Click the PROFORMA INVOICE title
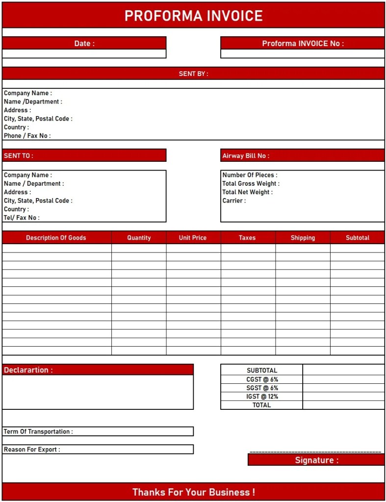[x=193, y=16]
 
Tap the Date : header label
[x=84, y=43]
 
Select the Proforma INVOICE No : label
[x=303, y=43]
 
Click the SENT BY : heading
[x=193, y=74]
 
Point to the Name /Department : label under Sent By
[x=33, y=101]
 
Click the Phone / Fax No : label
[x=27, y=135]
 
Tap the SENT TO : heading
[x=19, y=155]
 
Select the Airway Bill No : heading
[x=246, y=155]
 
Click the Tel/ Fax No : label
[x=22, y=217]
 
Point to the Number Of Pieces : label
[x=250, y=175]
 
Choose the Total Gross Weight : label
[x=251, y=183]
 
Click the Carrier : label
[x=234, y=201]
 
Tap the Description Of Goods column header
[x=56, y=237]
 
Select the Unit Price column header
[x=193, y=237]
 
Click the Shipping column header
[x=303, y=237]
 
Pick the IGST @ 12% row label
[x=262, y=396]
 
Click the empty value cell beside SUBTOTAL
[x=343, y=370]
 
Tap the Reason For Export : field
[x=98, y=449]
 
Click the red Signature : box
[x=316, y=460]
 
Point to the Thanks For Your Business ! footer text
[x=193, y=492]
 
